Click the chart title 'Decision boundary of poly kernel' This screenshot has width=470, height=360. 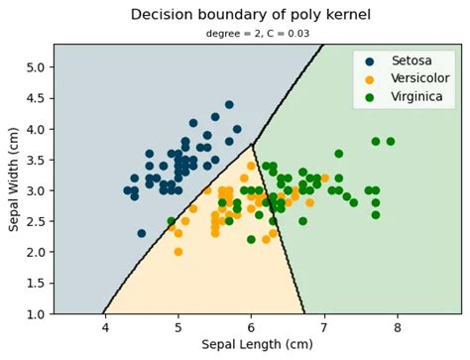[248, 15]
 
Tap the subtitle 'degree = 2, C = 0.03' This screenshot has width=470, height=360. [248, 34]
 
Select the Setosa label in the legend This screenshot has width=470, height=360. [411, 61]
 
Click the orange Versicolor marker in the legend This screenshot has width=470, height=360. [369, 79]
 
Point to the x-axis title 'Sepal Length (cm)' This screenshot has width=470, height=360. [257, 345]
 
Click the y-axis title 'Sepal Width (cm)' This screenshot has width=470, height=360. [14, 179]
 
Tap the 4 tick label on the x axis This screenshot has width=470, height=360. [104, 327]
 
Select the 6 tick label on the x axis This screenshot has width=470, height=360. [251, 327]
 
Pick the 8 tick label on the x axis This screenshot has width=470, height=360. [398, 327]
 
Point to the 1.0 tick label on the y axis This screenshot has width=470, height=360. [34, 313]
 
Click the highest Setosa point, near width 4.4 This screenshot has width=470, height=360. [229, 104]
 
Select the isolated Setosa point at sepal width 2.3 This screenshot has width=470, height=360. [141, 233]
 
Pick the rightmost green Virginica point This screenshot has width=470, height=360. [390, 141]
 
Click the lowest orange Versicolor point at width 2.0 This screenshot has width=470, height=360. [177, 252]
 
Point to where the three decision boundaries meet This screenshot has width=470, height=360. [252, 145]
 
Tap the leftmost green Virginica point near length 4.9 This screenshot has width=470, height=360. [171, 221]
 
